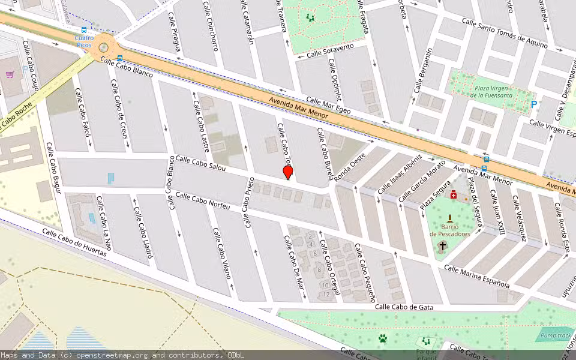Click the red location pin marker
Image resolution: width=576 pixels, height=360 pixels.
point(288,172)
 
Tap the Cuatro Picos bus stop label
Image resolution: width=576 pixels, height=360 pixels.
point(84,41)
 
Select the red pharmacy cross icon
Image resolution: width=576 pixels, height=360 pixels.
point(454,196)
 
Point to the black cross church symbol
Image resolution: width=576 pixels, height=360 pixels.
point(443,245)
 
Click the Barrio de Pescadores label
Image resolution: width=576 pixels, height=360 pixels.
point(450,230)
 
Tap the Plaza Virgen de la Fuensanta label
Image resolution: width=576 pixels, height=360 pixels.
point(491,91)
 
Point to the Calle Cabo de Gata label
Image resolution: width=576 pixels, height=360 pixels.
point(404,307)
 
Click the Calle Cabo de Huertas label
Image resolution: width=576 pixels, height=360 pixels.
point(74,242)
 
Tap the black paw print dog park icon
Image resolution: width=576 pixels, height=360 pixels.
point(382,339)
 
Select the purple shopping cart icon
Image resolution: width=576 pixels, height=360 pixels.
point(10,75)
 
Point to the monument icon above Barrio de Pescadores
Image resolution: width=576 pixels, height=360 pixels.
point(450,219)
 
